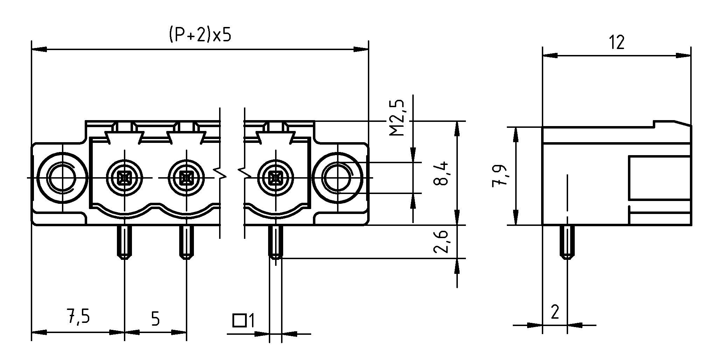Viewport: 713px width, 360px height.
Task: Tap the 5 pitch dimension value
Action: point(155,319)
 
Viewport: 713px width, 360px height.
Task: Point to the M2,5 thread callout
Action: point(398,118)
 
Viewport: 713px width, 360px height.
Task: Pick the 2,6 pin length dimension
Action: point(441,242)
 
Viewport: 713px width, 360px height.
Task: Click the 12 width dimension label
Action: point(616,43)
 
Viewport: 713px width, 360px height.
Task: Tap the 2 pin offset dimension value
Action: point(555,312)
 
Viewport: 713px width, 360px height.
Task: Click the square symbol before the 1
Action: point(239,320)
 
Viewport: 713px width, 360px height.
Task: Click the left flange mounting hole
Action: point(63,178)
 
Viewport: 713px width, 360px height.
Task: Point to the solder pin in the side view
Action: point(567,242)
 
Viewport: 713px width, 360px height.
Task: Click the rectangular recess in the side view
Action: point(659,178)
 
